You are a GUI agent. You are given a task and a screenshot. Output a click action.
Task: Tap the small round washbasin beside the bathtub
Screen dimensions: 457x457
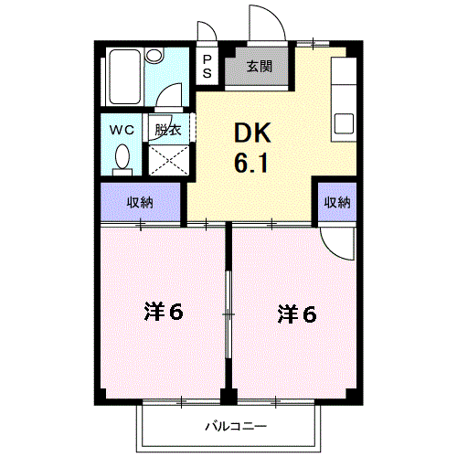coord(154,57)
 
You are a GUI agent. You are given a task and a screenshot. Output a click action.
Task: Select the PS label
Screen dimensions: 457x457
coord(207,66)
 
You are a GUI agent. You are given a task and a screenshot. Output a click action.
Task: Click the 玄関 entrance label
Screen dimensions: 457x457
coord(259,66)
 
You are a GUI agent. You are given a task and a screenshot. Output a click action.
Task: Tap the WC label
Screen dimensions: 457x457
coord(122,129)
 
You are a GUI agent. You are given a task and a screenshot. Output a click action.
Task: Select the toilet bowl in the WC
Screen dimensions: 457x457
coord(122,160)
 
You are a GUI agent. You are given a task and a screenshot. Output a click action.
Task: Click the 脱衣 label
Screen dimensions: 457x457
coord(167,129)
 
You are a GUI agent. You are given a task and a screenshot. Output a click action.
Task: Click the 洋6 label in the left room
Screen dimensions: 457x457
coord(164,313)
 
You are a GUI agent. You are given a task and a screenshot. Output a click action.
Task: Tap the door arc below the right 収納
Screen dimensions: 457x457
coord(340,239)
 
